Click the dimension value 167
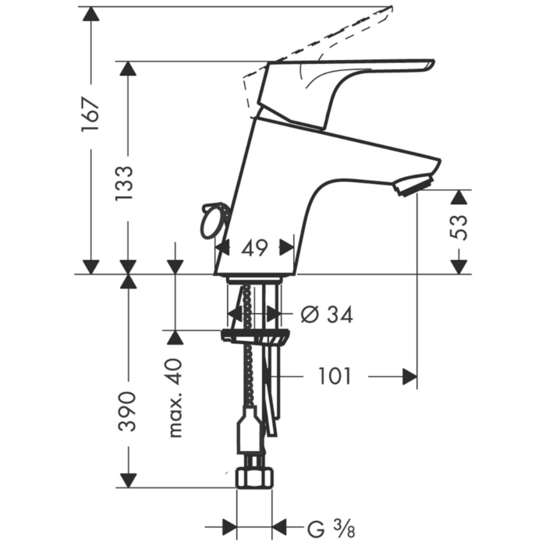91,115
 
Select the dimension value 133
125,183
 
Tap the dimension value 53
459,228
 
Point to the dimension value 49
255,248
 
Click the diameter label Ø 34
327,315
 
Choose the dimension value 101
335,376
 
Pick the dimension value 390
126,411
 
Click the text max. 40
175,397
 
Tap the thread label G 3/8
331,529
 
